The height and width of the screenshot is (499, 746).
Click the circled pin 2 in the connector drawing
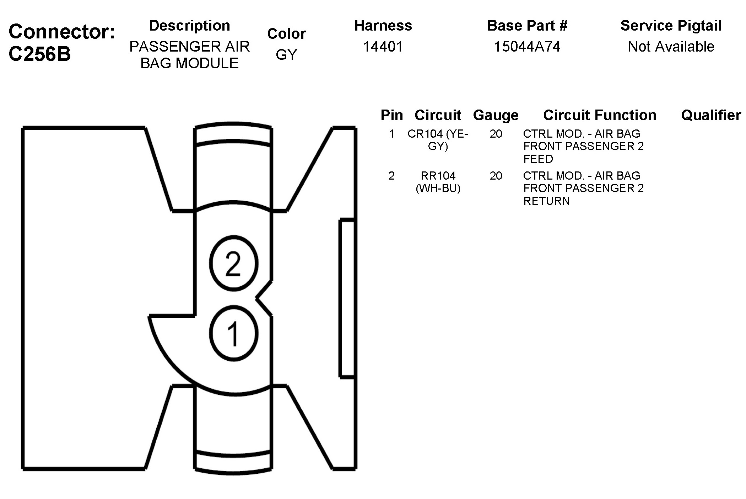pyautogui.click(x=233, y=264)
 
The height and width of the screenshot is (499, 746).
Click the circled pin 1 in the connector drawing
pyautogui.click(x=233, y=334)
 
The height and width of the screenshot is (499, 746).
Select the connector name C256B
pyautogui.click(x=40, y=54)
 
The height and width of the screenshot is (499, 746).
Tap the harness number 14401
pyautogui.click(x=383, y=47)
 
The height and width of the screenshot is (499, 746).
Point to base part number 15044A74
pyautogui.click(x=527, y=47)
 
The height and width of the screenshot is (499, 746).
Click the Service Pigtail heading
pyautogui.click(x=671, y=26)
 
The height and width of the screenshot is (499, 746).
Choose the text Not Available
pyautogui.click(x=671, y=47)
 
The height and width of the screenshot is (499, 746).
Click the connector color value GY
pyautogui.click(x=286, y=54)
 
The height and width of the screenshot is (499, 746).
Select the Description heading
pyautogui.click(x=189, y=26)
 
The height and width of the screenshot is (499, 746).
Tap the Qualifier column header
pyautogui.click(x=711, y=115)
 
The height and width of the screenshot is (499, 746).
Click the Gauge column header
pyautogui.click(x=496, y=115)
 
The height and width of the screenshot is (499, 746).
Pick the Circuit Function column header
pyautogui.click(x=600, y=115)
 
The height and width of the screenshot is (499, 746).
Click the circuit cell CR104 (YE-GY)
pyautogui.click(x=438, y=140)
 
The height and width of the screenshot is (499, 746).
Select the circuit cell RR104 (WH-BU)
pyautogui.click(x=438, y=182)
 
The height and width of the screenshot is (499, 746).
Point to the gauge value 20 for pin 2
pyautogui.click(x=496, y=176)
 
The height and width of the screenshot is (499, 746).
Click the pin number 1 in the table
pyautogui.click(x=391, y=134)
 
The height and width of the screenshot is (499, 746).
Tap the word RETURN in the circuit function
pyautogui.click(x=546, y=201)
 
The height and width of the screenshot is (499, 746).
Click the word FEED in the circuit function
pyautogui.click(x=538, y=159)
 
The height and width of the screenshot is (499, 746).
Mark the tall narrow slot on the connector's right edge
pyautogui.click(x=347, y=298)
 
